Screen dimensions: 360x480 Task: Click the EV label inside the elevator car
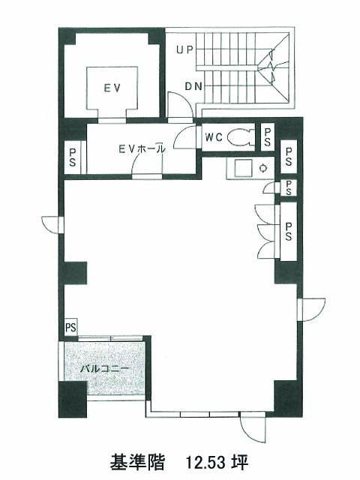pos(112,88)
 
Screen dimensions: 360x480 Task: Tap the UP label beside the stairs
pos(185,49)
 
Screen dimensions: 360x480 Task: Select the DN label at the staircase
pos(193,87)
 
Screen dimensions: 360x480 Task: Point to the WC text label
pos(214,137)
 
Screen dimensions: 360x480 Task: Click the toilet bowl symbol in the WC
pos(241,137)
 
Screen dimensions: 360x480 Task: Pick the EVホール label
pos(142,149)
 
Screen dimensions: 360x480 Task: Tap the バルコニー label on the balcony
pos(105,368)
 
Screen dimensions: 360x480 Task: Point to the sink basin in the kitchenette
pos(243,168)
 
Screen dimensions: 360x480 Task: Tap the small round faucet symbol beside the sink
pos(263,168)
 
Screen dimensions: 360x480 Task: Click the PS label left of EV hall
pos(73,157)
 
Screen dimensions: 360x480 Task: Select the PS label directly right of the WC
pos(267,136)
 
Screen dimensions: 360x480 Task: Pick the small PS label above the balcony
pos(70,327)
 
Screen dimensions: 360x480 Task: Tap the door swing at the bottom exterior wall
pos(252,428)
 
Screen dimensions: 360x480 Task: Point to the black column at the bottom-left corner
pos(73,399)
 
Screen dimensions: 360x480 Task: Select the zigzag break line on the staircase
pos(272,66)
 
